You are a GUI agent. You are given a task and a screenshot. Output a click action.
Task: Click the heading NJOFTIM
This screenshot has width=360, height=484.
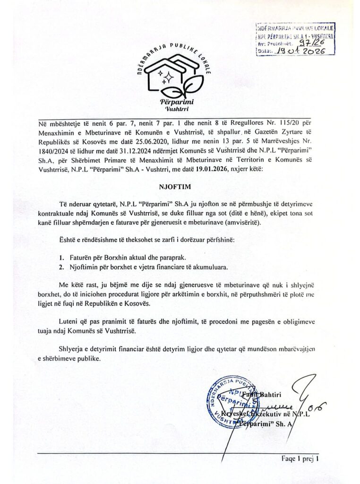pyautogui.click(x=180, y=173)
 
